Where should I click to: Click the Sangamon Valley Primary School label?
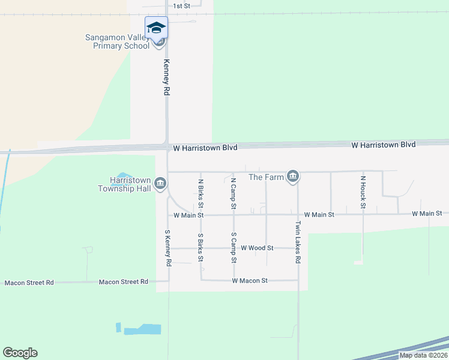click(x=117, y=41)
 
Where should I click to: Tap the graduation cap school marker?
click(x=156, y=28)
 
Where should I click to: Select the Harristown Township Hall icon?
click(x=160, y=184)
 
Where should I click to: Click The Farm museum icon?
click(x=293, y=176)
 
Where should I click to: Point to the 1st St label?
click(x=181, y=6)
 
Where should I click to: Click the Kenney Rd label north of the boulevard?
click(x=167, y=78)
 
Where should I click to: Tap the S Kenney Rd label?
click(x=168, y=248)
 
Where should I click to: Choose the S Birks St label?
click(x=201, y=248)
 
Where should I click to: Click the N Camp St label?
click(x=234, y=193)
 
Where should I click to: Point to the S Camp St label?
click(x=234, y=248)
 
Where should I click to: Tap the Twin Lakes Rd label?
click(x=297, y=242)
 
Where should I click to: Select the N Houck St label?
click(x=363, y=192)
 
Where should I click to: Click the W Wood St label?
click(x=257, y=248)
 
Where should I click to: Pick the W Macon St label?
click(x=250, y=280)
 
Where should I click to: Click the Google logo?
click(x=20, y=353)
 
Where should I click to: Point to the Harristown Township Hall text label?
click(x=126, y=184)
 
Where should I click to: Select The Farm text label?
click(x=264, y=177)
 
